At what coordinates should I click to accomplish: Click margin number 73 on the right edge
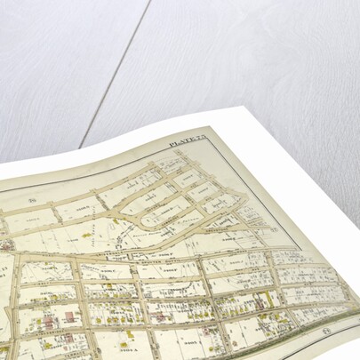pos(275,228)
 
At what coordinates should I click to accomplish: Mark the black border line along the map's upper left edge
pos(71,175)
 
